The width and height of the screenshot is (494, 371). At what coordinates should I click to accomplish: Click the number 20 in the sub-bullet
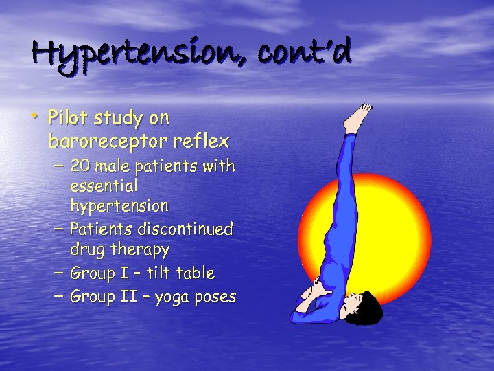pyautogui.click(x=79, y=166)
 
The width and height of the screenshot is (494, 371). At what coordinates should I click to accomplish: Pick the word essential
pyautogui.click(x=104, y=185)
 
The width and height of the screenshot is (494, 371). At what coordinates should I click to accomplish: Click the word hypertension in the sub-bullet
pyautogui.click(x=119, y=206)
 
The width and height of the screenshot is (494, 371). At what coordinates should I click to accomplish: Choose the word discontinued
pyautogui.click(x=189, y=228)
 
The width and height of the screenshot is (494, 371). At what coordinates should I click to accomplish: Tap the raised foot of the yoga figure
pyautogui.click(x=357, y=118)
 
